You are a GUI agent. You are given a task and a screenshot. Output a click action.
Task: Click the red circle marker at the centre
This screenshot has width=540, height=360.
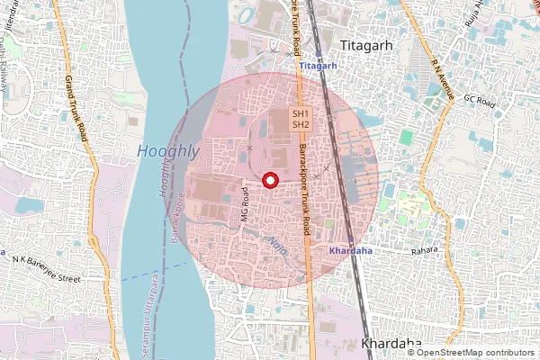tap(268, 181)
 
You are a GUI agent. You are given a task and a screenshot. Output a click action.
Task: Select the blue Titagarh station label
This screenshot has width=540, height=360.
tap(318, 67)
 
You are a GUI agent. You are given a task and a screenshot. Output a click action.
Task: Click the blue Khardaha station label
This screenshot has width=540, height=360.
tap(350, 250)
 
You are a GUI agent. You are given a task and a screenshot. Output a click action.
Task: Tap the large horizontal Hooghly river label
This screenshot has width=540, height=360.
tap(168, 152)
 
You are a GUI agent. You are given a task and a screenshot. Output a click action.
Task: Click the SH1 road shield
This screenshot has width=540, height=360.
tap(301, 113)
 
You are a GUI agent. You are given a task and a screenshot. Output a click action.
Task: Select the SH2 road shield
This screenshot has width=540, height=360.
tap(301, 125)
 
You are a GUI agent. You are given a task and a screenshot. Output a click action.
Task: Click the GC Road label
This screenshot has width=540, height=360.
tap(480, 102)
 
